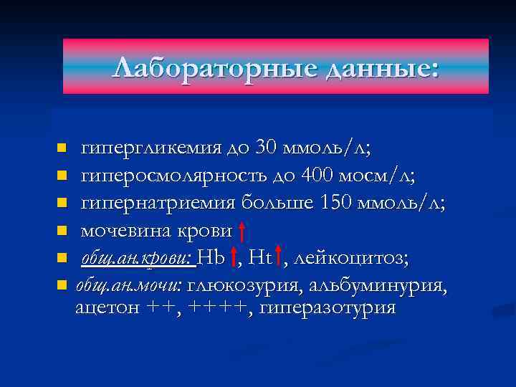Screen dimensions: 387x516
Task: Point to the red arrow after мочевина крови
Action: [243, 231]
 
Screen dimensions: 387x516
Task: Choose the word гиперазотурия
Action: [328, 308]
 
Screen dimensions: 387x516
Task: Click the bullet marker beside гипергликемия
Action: [62, 148]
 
